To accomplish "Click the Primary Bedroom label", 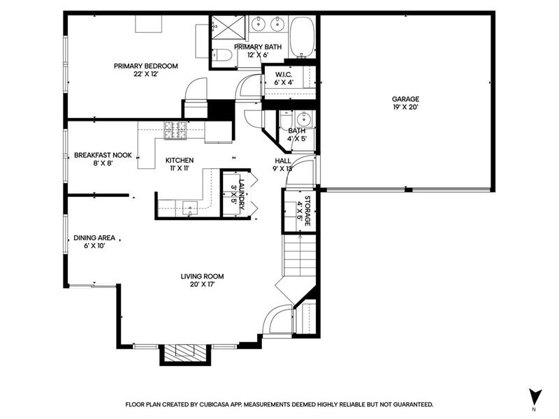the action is pos(146,66).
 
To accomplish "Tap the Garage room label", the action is pos(405,99).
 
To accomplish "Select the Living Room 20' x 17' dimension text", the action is pos(202,284).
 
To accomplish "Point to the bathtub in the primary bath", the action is pos(303,37).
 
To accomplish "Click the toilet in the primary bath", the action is pos(222,56).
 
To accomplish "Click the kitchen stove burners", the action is pos(175,131).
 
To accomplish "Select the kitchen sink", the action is pos(190,207).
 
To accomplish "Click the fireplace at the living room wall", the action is pos(185,355).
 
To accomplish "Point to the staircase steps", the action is pos(300,254).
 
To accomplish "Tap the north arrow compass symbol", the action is pos(535,397).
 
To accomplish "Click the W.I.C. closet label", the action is pos(284,75).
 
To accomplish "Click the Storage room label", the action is pos(307,211).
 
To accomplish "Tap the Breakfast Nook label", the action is pos(103,155).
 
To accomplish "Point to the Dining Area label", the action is pos(94,237).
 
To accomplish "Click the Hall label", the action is pos(283,161).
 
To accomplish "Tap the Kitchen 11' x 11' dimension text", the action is pos(180,168).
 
